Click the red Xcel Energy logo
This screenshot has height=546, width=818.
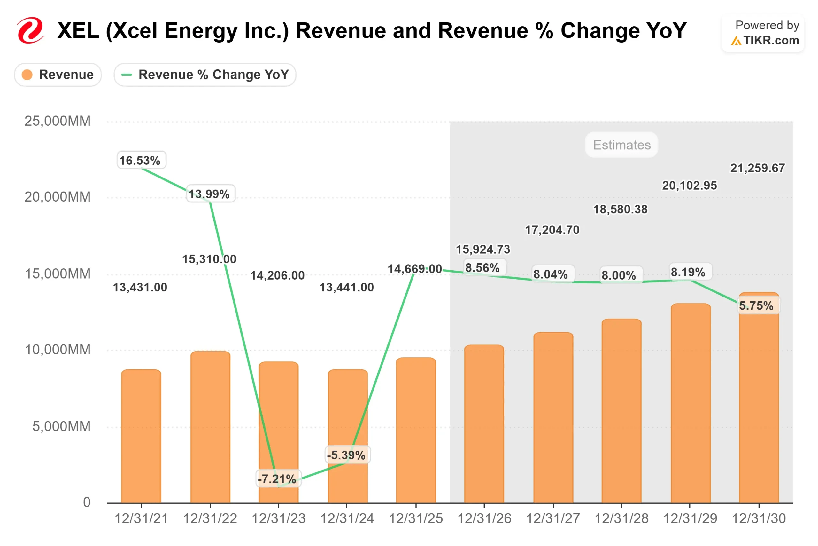point(31,30)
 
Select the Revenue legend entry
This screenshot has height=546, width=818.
point(58,75)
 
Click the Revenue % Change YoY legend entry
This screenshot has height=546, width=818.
point(205,75)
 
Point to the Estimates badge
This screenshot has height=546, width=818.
point(621,145)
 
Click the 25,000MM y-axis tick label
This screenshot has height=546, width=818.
point(58,121)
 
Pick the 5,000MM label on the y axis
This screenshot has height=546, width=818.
point(61,426)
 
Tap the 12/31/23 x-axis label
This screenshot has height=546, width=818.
point(279,518)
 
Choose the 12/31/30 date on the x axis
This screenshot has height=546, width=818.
point(759,518)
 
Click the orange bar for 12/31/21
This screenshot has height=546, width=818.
point(141,435)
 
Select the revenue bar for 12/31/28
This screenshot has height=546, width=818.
point(621,411)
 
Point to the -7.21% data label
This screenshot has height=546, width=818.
point(277,479)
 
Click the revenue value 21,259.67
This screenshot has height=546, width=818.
point(757,168)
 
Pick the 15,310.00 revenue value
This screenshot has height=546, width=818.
point(209,259)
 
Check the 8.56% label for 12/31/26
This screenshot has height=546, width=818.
point(482,268)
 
